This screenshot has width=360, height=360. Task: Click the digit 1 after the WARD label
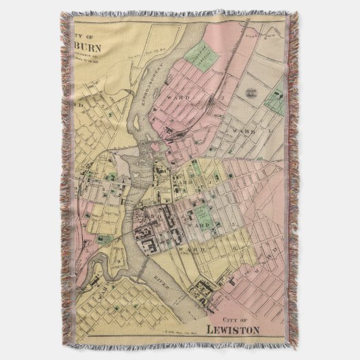point(270,128)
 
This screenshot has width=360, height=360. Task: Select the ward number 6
point(234,249)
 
